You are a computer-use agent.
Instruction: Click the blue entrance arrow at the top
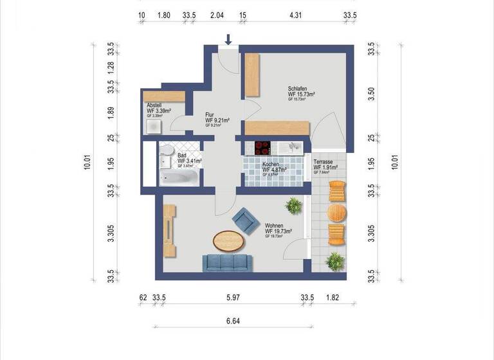228,40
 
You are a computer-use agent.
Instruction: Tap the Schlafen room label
297,89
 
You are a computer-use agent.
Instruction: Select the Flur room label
210,114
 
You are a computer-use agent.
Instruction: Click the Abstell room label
154,105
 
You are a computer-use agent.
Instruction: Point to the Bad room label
182,156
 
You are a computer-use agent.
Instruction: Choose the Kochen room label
271,165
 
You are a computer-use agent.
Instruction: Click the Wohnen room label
274,226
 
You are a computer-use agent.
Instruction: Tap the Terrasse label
325,163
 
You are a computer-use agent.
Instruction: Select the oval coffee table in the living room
228,241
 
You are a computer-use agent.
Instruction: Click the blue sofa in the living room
227,262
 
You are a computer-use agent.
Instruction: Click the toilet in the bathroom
167,152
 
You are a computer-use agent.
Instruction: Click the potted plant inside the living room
294,206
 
